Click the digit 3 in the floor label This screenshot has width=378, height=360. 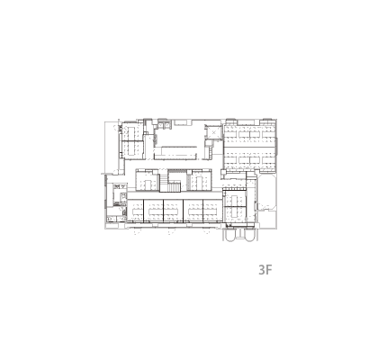coord(262,270)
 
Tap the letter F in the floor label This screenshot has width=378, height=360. coord(269,270)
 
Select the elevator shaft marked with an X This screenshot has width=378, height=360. coord(213,132)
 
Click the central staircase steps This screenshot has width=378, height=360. coord(174,187)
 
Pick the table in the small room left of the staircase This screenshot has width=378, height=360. coord(147,183)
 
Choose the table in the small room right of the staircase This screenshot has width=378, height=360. coord(200,181)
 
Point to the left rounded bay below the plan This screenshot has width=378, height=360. coord(232,235)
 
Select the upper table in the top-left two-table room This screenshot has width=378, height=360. coord(131,132)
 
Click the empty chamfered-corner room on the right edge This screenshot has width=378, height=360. coord(267,193)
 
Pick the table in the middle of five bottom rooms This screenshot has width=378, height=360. coord(174,211)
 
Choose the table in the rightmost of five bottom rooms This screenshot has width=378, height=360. coord(213,211)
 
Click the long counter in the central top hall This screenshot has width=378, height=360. coord(175,147)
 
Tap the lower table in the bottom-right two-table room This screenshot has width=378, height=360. coord(235,213)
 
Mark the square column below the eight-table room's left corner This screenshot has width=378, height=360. coord(223,173)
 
